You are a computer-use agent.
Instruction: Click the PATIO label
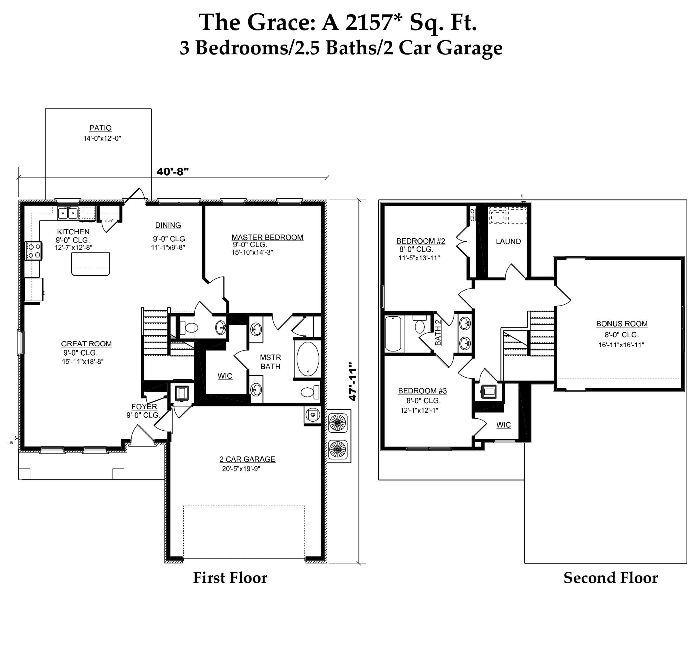[100, 128]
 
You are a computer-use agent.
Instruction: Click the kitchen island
[91, 264]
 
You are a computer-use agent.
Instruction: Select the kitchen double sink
[68, 213]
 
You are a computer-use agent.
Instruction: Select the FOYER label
[144, 406]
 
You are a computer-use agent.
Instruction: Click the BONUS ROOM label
[622, 324]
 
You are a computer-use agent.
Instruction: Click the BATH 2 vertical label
[438, 332]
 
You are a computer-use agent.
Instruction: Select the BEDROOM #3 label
[422, 391]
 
